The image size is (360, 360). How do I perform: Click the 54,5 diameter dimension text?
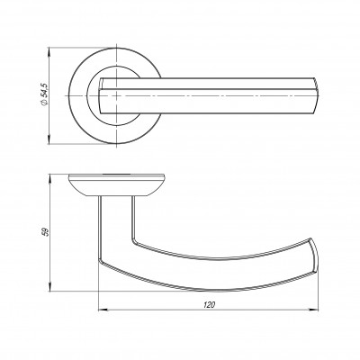point(44,91)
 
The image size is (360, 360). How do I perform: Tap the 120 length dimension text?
point(209,305)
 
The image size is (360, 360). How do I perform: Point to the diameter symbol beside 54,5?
point(44,103)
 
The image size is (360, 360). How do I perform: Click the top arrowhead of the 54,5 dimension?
point(49,51)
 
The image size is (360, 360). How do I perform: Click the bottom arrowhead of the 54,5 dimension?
point(49,139)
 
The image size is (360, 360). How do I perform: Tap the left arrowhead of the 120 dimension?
point(103,310)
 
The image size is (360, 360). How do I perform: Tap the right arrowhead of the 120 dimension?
point(314,310)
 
